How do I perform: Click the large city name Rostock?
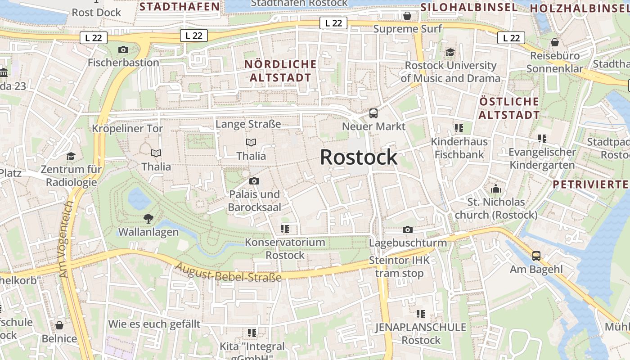pos(359,157)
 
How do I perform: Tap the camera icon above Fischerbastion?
pos(123,49)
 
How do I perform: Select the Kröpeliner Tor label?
pos(127,129)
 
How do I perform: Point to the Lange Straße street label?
pos(248,124)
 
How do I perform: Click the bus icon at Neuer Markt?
pos(373,113)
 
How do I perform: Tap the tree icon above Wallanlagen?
pos(148,219)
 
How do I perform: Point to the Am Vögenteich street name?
pos(66,239)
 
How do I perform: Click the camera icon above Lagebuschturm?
pos(408,230)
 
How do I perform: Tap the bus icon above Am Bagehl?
pos(536,256)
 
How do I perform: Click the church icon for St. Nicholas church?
pos(496,189)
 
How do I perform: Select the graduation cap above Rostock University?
pos(450,53)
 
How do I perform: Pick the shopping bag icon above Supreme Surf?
pos(407,16)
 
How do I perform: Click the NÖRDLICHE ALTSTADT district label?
pos(280,71)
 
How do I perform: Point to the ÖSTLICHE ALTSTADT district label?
pos(509,108)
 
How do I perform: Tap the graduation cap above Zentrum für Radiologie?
pos(71,156)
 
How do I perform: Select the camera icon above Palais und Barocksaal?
pos(254,181)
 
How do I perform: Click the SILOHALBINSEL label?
pos(469,7)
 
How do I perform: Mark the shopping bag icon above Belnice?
pos(59,325)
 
